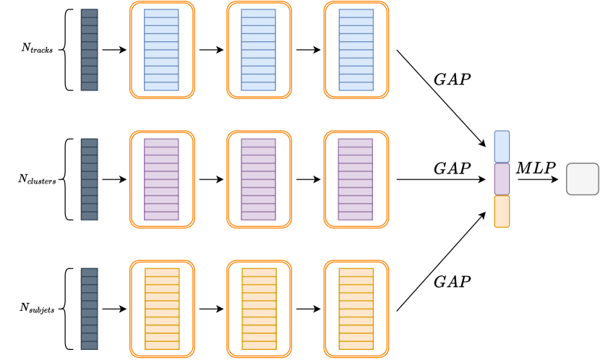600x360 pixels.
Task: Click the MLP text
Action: point(536,168)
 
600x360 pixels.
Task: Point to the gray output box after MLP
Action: point(583,179)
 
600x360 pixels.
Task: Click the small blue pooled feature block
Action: point(502,146)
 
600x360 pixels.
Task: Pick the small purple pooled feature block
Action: point(502,179)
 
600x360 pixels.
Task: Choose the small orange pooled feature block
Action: point(502,211)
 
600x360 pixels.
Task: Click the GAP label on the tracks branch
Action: point(453,80)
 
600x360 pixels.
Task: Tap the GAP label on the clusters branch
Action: point(453,168)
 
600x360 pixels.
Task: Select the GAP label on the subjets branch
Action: point(453,281)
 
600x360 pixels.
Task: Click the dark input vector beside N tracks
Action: point(89,50)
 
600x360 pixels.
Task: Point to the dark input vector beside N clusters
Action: point(89,179)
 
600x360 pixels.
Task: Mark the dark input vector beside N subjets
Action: point(89,309)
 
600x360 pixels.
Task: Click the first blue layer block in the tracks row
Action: point(161,50)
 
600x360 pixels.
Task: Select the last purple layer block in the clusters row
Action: point(356,179)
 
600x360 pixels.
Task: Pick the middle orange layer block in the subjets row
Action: point(259,309)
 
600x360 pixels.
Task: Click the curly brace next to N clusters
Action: point(67,179)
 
